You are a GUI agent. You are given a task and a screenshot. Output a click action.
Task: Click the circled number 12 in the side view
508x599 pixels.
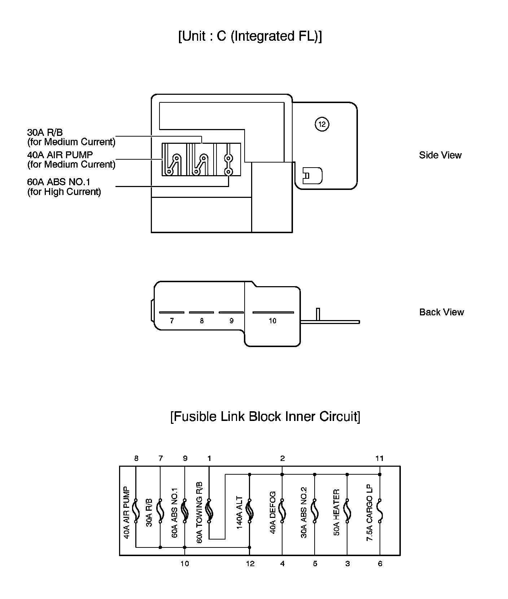(322, 124)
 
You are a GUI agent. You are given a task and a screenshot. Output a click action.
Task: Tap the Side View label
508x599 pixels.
(440, 155)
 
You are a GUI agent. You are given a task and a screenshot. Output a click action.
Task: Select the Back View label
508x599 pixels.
(441, 312)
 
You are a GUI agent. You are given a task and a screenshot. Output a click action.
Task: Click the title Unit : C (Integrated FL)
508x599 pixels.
(250, 36)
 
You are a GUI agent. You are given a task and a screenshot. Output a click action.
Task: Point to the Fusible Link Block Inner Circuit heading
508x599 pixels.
(265, 417)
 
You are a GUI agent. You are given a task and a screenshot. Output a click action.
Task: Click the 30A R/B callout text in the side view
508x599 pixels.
(71, 137)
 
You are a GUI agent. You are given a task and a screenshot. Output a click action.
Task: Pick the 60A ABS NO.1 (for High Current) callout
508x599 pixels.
(64, 187)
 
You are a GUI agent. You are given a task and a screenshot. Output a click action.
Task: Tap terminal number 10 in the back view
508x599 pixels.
(272, 321)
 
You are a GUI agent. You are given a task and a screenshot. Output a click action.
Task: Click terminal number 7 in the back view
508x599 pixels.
(172, 321)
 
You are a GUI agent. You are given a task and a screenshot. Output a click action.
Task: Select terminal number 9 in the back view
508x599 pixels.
(231, 321)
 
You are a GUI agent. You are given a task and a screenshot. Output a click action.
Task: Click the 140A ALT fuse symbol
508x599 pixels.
(250, 511)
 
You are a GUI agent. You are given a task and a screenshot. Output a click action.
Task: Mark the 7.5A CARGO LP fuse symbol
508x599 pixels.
(380, 511)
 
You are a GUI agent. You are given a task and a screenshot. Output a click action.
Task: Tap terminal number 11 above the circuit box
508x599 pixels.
(379, 458)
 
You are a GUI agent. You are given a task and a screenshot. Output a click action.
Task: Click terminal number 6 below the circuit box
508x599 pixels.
(380, 564)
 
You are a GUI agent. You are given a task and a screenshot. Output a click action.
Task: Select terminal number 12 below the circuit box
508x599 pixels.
(250, 564)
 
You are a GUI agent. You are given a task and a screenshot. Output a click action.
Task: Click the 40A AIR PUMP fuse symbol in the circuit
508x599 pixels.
(136, 511)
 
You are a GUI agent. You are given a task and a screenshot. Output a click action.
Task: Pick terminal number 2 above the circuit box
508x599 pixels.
(283, 458)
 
